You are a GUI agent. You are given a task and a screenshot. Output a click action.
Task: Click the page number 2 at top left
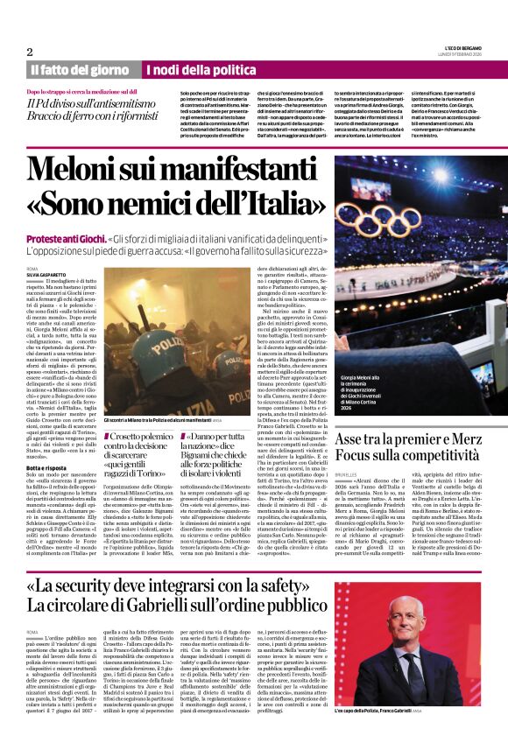pyautogui.click(x=30, y=52)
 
